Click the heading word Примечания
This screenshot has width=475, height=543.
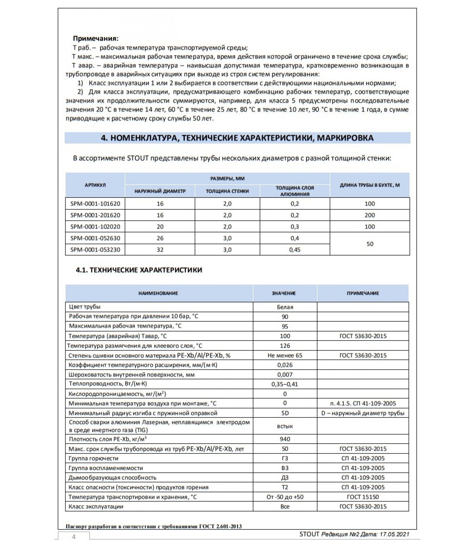tap(96, 39)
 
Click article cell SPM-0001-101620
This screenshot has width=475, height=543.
tap(95, 204)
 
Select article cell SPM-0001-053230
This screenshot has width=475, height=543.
tap(95, 250)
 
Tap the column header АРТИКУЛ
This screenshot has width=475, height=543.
tap(95, 185)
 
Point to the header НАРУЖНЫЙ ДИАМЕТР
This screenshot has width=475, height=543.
tap(160, 191)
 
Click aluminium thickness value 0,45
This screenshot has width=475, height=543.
tap(294, 250)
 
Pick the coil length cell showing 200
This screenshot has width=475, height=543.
tap(369, 215)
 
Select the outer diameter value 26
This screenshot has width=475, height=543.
tap(160, 238)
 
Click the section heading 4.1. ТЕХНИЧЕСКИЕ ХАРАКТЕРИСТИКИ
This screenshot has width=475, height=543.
tap(139, 270)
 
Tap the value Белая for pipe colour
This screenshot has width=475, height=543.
tap(285, 307)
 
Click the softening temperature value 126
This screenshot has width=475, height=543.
tap(285, 346)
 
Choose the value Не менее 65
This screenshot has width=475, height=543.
tap(285, 355)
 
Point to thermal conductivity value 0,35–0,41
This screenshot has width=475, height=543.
tap(285, 384)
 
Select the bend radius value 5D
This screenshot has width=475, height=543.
tap(285, 413)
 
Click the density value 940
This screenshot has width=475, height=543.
tap(285, 439)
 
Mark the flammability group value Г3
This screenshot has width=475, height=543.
tap(285, 458)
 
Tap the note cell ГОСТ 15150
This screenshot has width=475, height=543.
tap(363, 497)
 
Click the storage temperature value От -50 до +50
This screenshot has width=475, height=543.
tap(285, 497)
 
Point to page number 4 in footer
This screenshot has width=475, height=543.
tap(74, 537)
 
